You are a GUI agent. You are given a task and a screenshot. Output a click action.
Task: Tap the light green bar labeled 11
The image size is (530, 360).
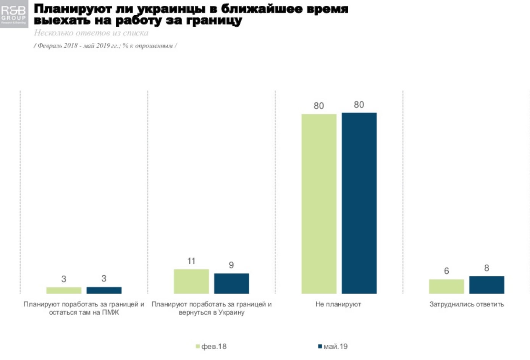(x=191, y=281)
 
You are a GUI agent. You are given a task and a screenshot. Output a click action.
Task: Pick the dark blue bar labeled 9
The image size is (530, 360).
(x=231, y=283)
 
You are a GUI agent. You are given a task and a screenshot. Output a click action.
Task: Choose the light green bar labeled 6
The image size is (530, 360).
(x=446, y=286)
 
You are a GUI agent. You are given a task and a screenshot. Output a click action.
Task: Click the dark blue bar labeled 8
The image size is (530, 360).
(x=486, y=285)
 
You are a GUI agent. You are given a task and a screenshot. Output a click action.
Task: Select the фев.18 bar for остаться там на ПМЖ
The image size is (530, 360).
(x=64, y=290)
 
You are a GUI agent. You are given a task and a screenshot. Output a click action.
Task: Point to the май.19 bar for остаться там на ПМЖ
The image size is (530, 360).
(x=104, y=290)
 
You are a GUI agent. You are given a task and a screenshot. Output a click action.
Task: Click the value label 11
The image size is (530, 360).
(x=191, y=261)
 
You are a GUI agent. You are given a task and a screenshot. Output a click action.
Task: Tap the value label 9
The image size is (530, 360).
(x=231, y=265)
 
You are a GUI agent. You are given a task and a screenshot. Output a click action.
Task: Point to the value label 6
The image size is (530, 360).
(x=446, y=271)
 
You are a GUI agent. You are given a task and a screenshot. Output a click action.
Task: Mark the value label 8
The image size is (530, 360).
(x=486, y=268)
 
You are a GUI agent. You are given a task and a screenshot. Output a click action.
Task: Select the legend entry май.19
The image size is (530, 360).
(x=333, y=346)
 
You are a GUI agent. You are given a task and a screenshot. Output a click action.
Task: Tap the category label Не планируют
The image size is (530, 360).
(x=338, y=304)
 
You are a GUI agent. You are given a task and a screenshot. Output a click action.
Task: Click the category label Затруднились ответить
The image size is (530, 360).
(x=467, y=304)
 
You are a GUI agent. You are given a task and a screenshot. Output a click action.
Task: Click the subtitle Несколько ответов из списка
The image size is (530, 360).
(x=91, y=33)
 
